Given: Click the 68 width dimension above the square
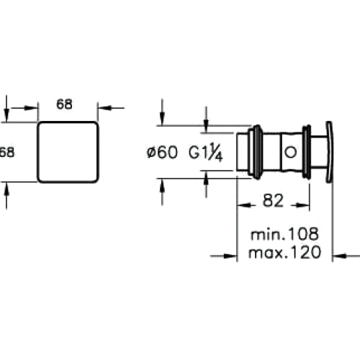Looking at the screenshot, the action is pyautogui.click(x=64, y=104).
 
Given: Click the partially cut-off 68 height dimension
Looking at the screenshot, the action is pyautogui.click(x=7, y=152).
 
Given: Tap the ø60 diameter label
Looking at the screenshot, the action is pyautogui.click(x=163, y=152).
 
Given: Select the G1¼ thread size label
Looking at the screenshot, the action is pyautogui.click(x=206, y=153).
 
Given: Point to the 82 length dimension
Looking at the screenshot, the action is pyautogui.click(x=273, y=201).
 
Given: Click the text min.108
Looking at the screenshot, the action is pyautogui.click(x=284, y=234).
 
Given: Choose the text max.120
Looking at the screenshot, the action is pyautogui.click(x=284, y=253).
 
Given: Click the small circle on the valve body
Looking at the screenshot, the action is pyautogui.click(x=290, y=152).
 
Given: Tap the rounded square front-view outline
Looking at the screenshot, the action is pyautogui.click(x=37, y=152).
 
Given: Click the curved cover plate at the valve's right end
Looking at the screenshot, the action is pyautogui.click(x=329, y=152).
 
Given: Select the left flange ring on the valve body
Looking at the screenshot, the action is pyautogui.click(x=257, y=152).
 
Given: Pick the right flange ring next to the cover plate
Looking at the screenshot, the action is pyautogui.click(x=307, y=152).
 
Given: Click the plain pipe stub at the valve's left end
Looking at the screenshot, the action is pyautogui.click(x=242, y=152).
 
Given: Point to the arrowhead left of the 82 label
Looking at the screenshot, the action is pyautogui.click(x=244, y=205).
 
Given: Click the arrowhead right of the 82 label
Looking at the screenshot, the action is pyautogui.click(x=302, y=205).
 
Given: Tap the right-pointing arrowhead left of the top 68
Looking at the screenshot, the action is pyautogui.click(x=31, y=108).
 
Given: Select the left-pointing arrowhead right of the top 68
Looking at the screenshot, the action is pyautogui.click(x=104, y=108).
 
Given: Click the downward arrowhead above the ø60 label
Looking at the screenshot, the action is pyautogui.click(x=162, y=119).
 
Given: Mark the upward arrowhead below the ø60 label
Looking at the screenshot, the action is pyautogui.click(x=162, y=185).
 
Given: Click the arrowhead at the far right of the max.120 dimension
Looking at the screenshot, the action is pyautogui.click(x=340, y=256).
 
